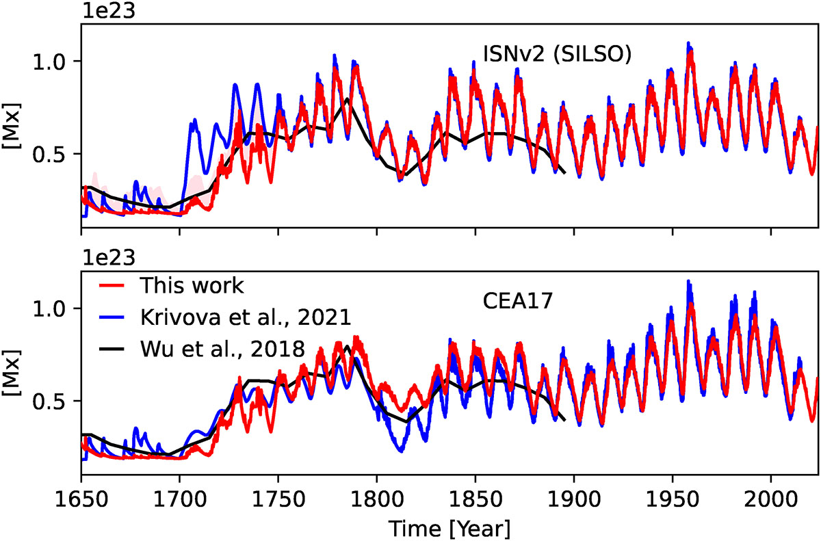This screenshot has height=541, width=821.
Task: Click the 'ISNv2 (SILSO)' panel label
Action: point(554,53)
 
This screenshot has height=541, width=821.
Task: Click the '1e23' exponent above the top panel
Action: point(102,12)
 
